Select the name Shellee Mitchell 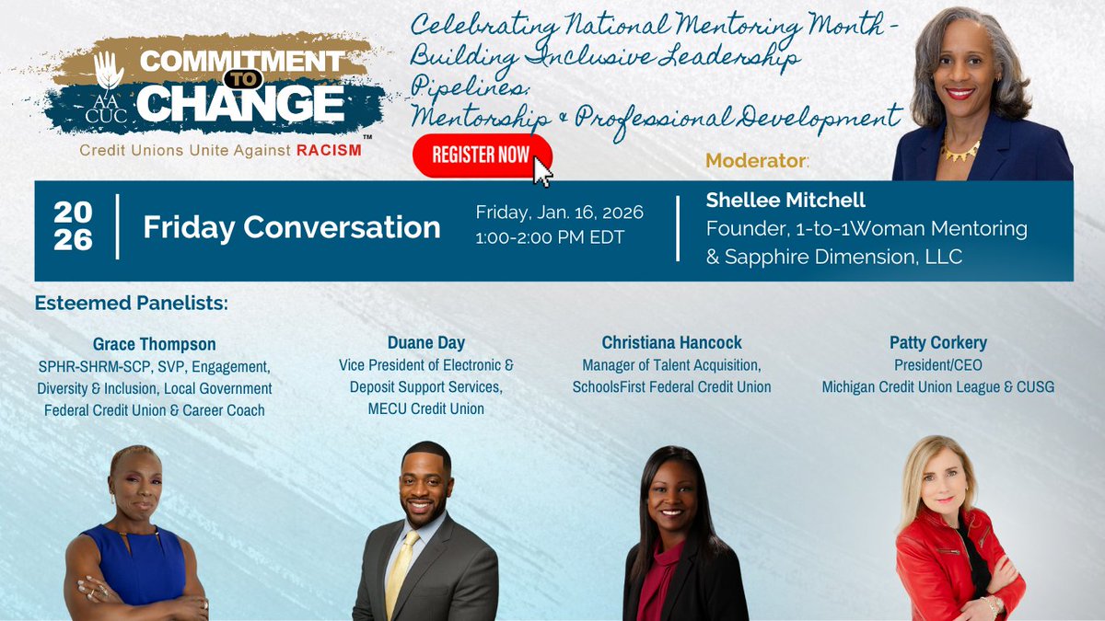[786, 200]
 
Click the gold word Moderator [755, 161]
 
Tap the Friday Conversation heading [291, 227]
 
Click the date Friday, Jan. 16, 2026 [559, 213]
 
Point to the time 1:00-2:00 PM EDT [550, 237]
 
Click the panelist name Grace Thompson [154, 344]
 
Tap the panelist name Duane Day [426, 343]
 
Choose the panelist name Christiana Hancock [671, 342]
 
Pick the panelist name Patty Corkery [937, 342]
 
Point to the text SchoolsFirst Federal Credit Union [671, 386]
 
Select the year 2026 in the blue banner [73, 226]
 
